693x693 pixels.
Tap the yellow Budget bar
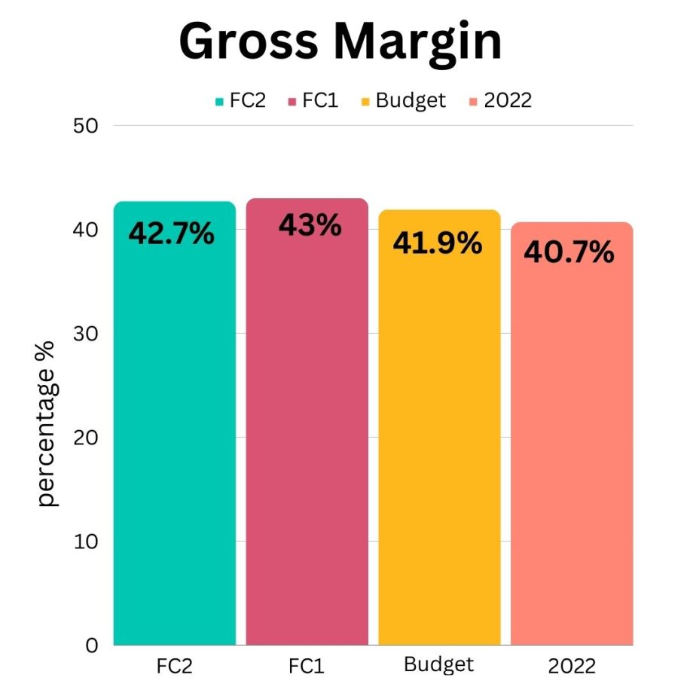pos(439,444)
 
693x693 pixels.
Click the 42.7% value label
pos(172,234)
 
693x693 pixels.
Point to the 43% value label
pos(310,224)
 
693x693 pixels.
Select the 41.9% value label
pos(437,243)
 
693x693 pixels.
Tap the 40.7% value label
pos(569,253)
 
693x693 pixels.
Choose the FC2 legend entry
pos(240,100)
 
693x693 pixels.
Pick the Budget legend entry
pos(404,100)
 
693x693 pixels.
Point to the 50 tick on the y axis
pos(87,126)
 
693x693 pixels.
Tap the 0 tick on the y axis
pos(92,646)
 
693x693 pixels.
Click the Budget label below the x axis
pos(439,664)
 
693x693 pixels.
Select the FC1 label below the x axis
pos(307,666)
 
